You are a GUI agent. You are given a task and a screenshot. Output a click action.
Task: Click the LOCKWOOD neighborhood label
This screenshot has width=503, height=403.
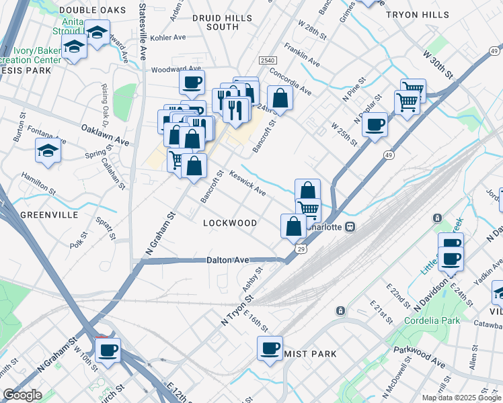tap(229, 222)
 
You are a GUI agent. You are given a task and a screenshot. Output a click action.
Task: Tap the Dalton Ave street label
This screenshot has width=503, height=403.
tap(228, 260)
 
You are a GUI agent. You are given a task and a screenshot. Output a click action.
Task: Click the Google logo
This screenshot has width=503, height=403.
tap(23, 395)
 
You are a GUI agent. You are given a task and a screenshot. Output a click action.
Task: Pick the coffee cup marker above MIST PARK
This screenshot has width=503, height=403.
tap(270, 348)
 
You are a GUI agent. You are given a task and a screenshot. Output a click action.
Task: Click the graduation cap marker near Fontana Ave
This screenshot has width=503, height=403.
tap(48, 152)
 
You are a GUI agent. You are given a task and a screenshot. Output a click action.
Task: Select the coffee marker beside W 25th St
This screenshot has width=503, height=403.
tap(375, 124)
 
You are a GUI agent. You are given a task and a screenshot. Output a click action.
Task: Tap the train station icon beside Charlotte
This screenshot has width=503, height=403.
tap(350, 227)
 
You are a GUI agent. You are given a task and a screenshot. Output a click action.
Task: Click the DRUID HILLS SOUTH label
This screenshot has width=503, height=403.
tap(215, 21)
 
